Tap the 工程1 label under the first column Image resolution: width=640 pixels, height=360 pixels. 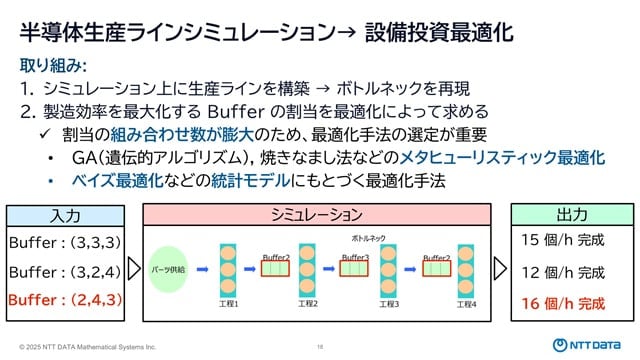pyautogui.click(x=229, y=303)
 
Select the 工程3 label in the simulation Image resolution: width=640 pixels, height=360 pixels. pyautogui.click(x=389, y=303)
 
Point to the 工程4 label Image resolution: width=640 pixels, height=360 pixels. pyautogui.click(x=468, y=303)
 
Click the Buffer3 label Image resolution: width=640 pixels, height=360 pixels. pyautogui.click(x=355, y=257)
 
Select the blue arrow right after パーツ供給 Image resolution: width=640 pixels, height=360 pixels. pyautogui.click(x=201, y=269)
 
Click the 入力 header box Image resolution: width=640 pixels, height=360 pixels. pyautogui.click(x=69, y=215)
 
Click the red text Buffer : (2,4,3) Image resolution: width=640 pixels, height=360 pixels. pyautogui.click(x=64, y=299)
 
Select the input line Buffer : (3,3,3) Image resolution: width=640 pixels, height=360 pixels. pyautogui.click(x=64, y=242)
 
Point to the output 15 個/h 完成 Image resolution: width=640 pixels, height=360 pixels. pyautogui.click(x=563, y=240)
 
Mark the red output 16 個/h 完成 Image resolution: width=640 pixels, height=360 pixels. pyautogui.click(x=563, y=302)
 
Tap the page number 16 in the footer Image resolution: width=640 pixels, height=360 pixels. pyautogui.click(x=320, y=345)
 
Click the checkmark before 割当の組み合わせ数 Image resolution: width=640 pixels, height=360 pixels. pyautogui.click(x=46, y=135)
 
